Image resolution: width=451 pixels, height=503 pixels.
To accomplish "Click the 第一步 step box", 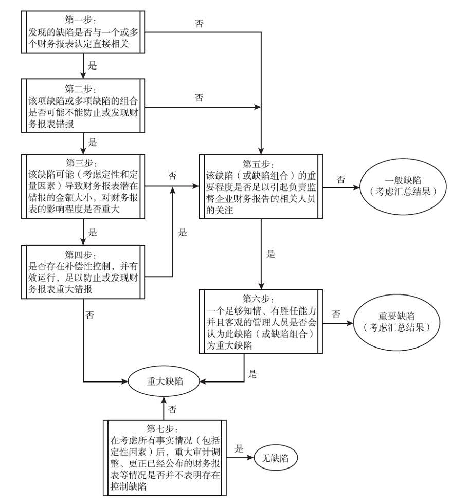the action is (83, 32).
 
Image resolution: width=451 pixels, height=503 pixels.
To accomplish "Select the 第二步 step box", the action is (83, 106).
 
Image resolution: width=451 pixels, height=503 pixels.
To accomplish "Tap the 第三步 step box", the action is (83, 186).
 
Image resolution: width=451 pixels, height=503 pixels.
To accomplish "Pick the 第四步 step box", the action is (83, 272).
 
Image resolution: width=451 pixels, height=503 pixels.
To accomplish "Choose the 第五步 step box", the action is (261, 186).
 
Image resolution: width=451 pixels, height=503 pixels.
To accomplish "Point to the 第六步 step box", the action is (261, 321).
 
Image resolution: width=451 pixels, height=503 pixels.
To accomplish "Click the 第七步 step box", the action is (165, 458).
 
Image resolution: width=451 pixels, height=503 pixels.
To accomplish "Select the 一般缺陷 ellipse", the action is (403, 186).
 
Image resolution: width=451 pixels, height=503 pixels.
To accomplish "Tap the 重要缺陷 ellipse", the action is (396, 322).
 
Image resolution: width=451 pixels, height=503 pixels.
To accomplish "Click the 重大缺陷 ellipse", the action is (164, 381).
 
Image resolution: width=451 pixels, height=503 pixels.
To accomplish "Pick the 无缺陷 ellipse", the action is (276, 458).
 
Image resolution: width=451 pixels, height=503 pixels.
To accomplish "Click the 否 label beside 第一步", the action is (199, 24).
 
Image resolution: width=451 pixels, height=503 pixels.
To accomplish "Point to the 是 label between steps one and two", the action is (92, 66).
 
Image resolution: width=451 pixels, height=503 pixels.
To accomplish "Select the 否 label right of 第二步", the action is (199, 97).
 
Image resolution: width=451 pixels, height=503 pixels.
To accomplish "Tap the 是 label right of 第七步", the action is (239, 448).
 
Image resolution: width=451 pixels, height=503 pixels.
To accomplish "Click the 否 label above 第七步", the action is (172, 409).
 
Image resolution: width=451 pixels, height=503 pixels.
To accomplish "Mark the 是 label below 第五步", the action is (270, 254).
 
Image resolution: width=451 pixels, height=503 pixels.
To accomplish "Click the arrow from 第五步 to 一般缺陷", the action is (341, 187).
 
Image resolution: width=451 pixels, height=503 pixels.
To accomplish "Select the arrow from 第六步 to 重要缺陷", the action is (338, 323).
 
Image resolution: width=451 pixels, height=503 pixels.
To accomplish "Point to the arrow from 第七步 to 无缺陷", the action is (240, 458).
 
